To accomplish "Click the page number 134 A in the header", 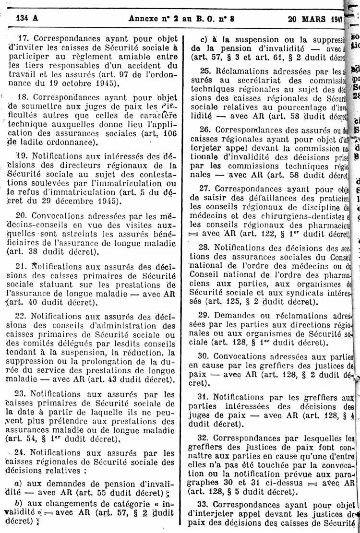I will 28,19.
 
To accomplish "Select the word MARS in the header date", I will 314,19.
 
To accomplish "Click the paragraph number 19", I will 22,155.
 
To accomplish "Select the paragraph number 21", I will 22,266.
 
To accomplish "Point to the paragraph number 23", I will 22,394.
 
